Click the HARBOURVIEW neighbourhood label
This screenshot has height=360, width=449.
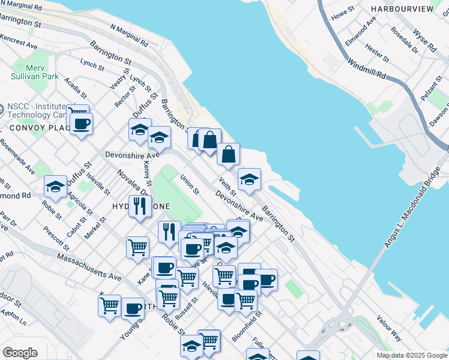402,9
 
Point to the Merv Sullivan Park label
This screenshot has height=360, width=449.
34,72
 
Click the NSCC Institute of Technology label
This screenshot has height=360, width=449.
36,110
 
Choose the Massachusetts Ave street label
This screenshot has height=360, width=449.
89,267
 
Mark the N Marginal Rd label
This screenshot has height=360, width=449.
128,36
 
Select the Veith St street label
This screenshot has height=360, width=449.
228,186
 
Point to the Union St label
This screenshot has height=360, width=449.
189,184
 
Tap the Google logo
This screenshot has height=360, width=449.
20,353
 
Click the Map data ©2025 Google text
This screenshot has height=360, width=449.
411,355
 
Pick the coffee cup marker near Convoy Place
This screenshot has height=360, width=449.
81,124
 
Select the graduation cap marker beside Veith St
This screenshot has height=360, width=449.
250,178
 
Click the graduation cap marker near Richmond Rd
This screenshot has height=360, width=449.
55,186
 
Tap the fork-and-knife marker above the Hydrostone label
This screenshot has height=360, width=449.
140,206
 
